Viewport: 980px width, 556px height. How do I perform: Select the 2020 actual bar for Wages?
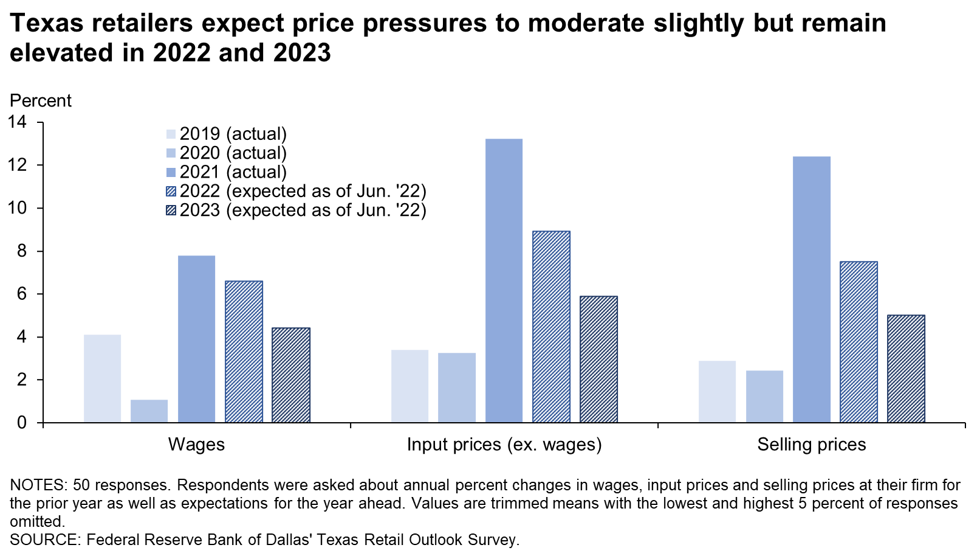pyautogui.click(x=149, y=411)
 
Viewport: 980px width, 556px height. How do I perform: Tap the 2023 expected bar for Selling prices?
pyautogui.click(x=906, y=369)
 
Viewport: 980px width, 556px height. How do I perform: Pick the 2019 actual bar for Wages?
pyautogui.click(x=102, y=378)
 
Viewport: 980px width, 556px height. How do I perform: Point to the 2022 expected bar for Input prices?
pyautogui.click(x=551, y=327)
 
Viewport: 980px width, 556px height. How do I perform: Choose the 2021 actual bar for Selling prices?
pyautogui.click(x=811, y=290)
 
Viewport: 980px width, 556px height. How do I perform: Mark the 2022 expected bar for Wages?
pyautogui.click(x=244, y=352)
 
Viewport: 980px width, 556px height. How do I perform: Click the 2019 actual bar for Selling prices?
pyautogui.click(x=717, y=392)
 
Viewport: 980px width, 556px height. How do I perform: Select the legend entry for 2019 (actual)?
pyautogui.click(x=233, y=134)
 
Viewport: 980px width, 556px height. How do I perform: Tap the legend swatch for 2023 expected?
pyautogui.click(x=171, y=210)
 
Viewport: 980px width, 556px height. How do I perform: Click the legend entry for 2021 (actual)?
pyautogui.click(x=233, y=172)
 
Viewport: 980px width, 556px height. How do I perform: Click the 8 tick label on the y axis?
pyautogui.click(x=22, y=251)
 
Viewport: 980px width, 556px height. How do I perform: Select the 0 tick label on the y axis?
pyautogui.click(x=22, y=423)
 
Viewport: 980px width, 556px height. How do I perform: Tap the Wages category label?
pyautogui.click(x=196, y=445)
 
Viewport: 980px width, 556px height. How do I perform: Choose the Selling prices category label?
pyautogui.click(x=811, y=445)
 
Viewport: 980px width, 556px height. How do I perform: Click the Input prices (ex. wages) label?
pyautogui.click(x=504, y=445)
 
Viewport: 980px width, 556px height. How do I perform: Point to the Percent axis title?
pyautogui.click(x=41, y=100)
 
